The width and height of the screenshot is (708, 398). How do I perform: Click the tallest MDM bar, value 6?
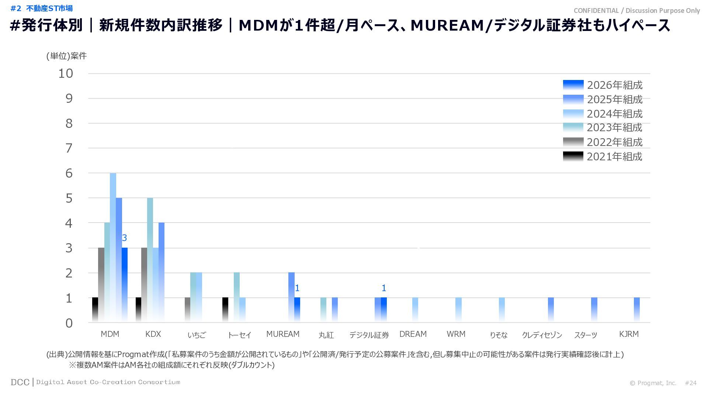pos(113,247)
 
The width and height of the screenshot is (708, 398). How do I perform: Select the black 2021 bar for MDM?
pos(95,310)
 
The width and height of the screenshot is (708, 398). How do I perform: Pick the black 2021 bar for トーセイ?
pos(225,310)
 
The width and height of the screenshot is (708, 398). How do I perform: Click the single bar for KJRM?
pos(637,310)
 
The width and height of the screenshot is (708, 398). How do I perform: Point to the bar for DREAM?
pos(415,310)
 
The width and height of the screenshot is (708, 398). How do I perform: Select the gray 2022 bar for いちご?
pos(187,310)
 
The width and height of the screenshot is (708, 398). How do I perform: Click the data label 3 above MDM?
pos(124,238)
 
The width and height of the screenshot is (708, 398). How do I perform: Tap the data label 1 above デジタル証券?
pos(384,288)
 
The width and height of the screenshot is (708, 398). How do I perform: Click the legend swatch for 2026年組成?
pos(573,85)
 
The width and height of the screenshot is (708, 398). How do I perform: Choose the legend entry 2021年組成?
pos(614,157)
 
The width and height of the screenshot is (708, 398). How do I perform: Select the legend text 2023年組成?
pos(614,128)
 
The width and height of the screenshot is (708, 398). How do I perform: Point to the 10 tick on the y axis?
pos(66,73)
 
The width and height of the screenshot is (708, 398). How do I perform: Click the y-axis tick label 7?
pos(69,148)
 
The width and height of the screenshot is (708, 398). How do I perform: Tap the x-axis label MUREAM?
pos(283,334)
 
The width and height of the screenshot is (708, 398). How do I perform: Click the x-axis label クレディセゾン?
pos(542,335)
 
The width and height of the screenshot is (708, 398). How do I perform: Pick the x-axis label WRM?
pos(456,334)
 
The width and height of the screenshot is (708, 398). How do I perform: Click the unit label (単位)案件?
pos(66,56)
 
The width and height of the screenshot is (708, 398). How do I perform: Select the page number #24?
pos(691,383)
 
